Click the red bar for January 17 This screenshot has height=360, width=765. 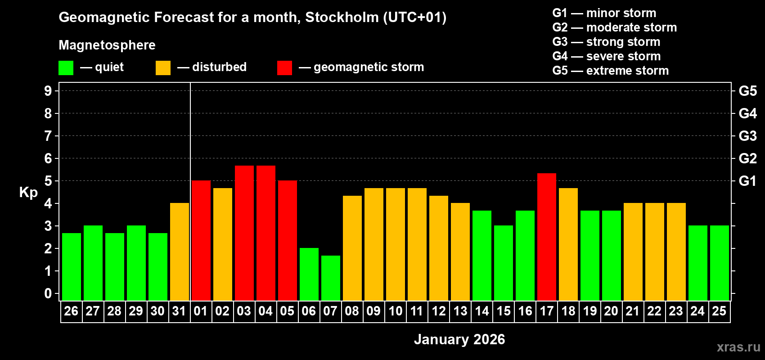point(547,237)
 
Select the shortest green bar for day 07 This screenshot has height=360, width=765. point(331,278)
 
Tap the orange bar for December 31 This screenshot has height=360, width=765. point(180,252)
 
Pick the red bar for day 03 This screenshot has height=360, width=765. point(244,233)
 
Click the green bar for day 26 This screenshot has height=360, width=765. point(72,266)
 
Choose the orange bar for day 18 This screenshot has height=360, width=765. point(568,244)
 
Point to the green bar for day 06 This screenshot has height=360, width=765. point(309,274)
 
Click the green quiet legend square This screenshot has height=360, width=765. point(66,68)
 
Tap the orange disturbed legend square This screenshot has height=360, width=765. point(163,68)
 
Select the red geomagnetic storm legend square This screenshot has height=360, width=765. point(284,68)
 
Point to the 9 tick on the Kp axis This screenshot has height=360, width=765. point(48,91)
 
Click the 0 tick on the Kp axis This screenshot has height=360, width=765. point(48,294)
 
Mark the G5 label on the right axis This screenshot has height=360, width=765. point(747,91)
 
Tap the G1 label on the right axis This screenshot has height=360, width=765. point(747,181)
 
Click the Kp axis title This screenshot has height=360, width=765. point(28,193)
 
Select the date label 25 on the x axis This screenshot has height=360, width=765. point(719,311)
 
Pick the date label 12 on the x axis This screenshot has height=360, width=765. point(438,311)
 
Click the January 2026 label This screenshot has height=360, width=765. point(459,339)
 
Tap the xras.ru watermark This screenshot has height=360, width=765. point(738,347)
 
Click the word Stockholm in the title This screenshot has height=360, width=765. point(342,17)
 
